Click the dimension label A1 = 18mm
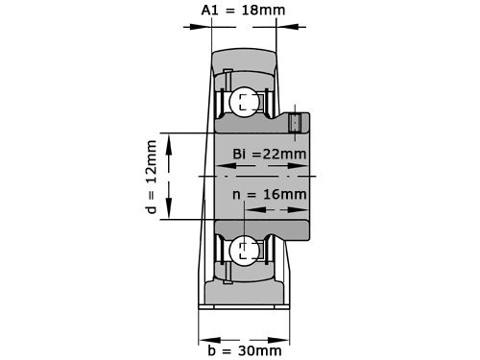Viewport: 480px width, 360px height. tap(243, 10)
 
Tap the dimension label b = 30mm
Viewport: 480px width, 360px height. tap(245, 350)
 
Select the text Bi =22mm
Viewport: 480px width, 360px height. tap(270, 154)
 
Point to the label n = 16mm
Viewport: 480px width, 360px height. tap(270, 194)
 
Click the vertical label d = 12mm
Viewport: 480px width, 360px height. tap(151, 177)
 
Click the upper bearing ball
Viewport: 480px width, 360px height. tap(245, 102)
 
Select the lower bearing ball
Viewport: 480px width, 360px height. tap(245, 251)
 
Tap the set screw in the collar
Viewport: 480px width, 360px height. tap(295, 123)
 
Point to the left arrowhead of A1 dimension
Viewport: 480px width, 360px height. tap(201, 27)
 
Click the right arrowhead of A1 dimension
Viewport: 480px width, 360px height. tap(287, 27)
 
